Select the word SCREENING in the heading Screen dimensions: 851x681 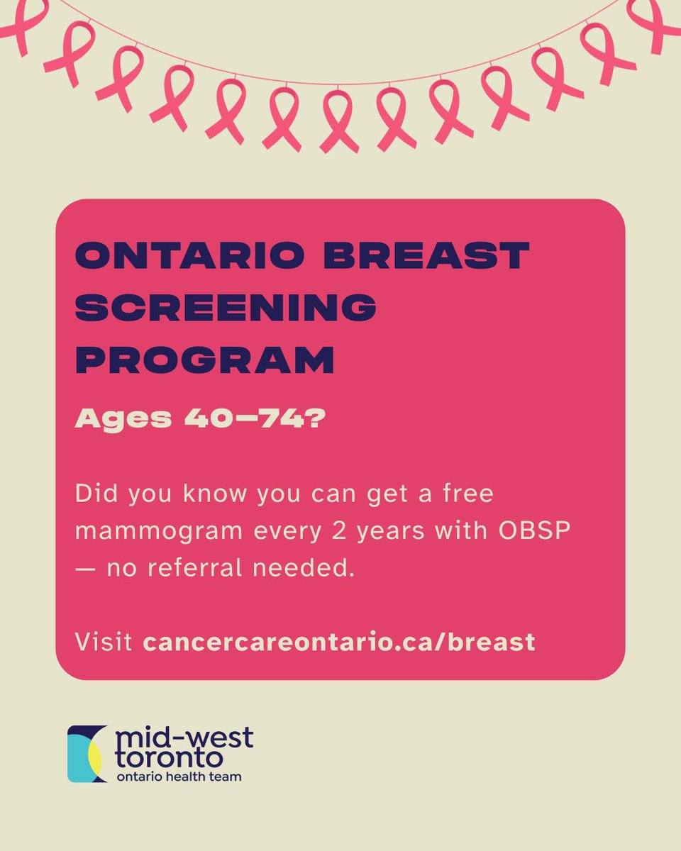point(226,308)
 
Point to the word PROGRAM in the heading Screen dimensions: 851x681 point(204,361)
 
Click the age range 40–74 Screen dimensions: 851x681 point(253,418)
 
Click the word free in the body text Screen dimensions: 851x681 point(465,494)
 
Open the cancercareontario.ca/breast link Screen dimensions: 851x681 point(339,643)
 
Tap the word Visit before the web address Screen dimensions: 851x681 point(104,643)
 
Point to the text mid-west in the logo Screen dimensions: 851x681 point(182,738)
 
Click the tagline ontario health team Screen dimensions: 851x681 point(177,777)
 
